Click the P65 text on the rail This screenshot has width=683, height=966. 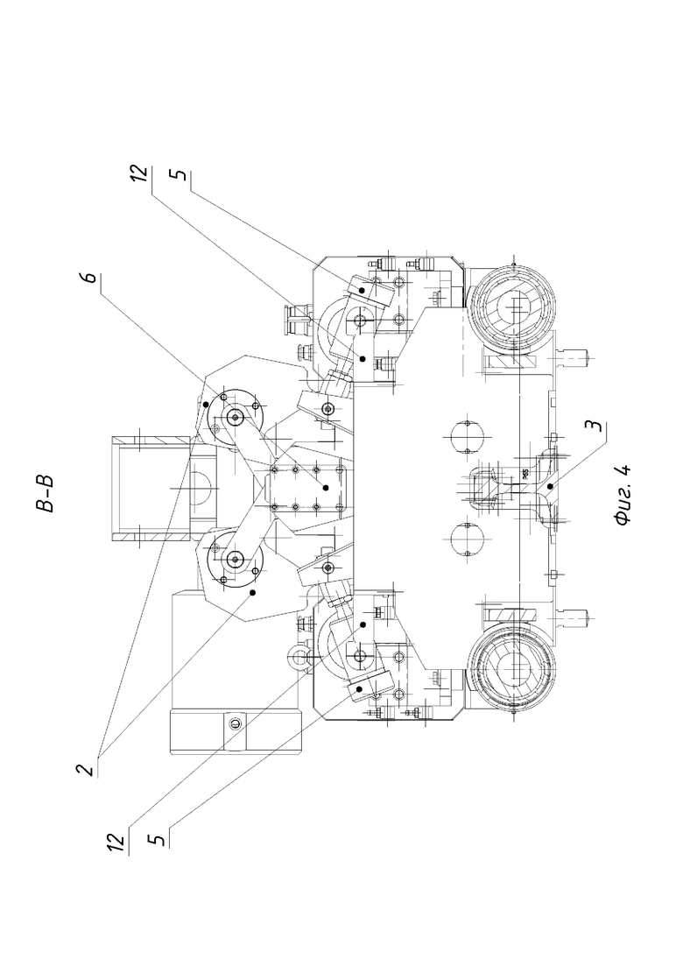pos(524,474)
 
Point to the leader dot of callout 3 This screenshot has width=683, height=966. pos(549,486)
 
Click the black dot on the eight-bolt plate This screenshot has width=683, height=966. pos(325,487)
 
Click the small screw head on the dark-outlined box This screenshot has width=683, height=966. pos(235,723)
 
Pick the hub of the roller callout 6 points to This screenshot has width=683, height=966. pos(235,419)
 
